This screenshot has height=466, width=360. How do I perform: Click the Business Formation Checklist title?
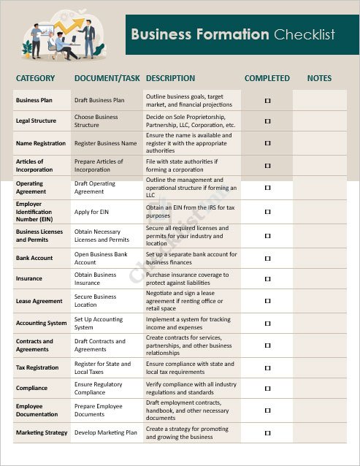click(232, 34)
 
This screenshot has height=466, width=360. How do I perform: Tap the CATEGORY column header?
click(35, 78)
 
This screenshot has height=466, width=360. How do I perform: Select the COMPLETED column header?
click(267, 78)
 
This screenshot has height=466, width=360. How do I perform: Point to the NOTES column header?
click(319, 78)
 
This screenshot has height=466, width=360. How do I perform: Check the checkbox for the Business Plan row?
click(267, 99)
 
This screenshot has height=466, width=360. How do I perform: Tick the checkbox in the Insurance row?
click(267, 278)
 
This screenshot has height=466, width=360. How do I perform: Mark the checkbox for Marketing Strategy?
click(267, 432)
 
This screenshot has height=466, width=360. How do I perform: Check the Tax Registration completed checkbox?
click(267, 367)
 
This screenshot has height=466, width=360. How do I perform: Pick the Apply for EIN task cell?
click(92, 211)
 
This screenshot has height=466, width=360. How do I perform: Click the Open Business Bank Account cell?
click(101, 258)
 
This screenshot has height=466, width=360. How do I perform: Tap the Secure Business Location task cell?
click(96, 301)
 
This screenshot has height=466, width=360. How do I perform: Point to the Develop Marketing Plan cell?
click(106, 432)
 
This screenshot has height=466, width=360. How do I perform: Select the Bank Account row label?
click(34, 258)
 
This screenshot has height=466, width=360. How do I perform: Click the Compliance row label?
click(31, 389)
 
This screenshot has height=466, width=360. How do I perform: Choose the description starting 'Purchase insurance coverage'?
click(187, 278)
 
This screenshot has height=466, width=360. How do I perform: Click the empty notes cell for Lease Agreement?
click(319, 301)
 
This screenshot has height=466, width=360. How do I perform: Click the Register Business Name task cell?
click(106, 143)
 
